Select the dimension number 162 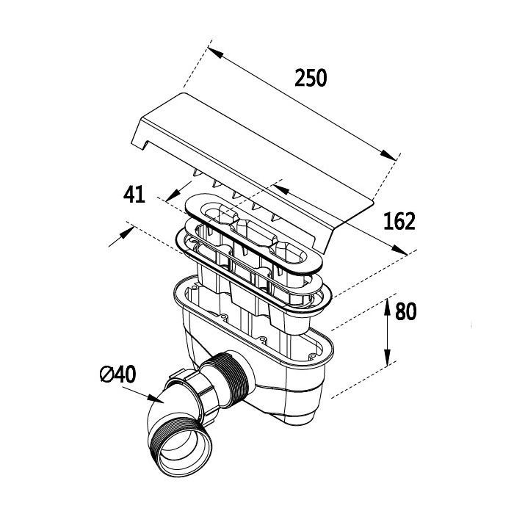tap(399, 220)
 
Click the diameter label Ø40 tap(116, 374)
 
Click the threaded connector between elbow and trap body tap(227, 374)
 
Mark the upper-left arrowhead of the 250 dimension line tap(212, 51)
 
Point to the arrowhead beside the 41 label tap(170, 197)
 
